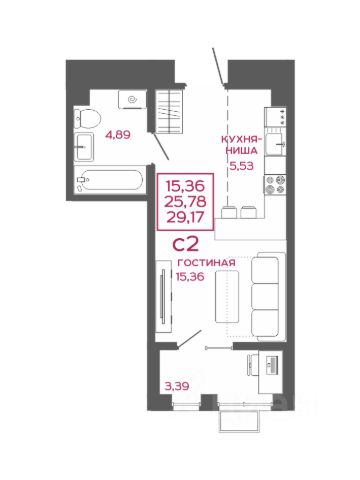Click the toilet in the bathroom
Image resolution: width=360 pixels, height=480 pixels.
(x=87, y=119)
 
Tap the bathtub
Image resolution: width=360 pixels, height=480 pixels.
(x=109, y=180)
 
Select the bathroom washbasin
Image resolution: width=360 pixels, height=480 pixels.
(x=84, y=147)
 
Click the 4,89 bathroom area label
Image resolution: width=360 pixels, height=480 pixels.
(x=117, y=135)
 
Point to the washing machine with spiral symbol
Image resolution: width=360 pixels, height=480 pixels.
(x=132, y=99)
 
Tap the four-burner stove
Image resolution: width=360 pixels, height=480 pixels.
(x=275, y=185)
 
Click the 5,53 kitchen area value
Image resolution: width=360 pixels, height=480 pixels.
(x=242, y=166)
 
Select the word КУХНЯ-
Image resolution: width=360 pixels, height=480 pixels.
(x=242, y=139)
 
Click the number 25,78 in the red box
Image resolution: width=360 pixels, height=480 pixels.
(x=186, y=201)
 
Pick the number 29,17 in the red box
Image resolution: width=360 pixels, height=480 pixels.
(x=185, y=217)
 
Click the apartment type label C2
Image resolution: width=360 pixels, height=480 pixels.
(x=186, y=244)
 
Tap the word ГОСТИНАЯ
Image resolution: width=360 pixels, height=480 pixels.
(x=206, y=263)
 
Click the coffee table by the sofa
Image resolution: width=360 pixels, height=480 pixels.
(x=227, y=296)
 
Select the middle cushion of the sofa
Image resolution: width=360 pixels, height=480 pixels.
(x=265, y=296)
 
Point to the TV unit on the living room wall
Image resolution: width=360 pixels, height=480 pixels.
(x=164, y=296)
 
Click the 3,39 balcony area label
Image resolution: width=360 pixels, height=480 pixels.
(x=177, y=386)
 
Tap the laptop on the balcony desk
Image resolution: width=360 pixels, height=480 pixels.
(x=272, y=364)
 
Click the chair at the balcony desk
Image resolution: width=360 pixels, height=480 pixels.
(x=253, y=365)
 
